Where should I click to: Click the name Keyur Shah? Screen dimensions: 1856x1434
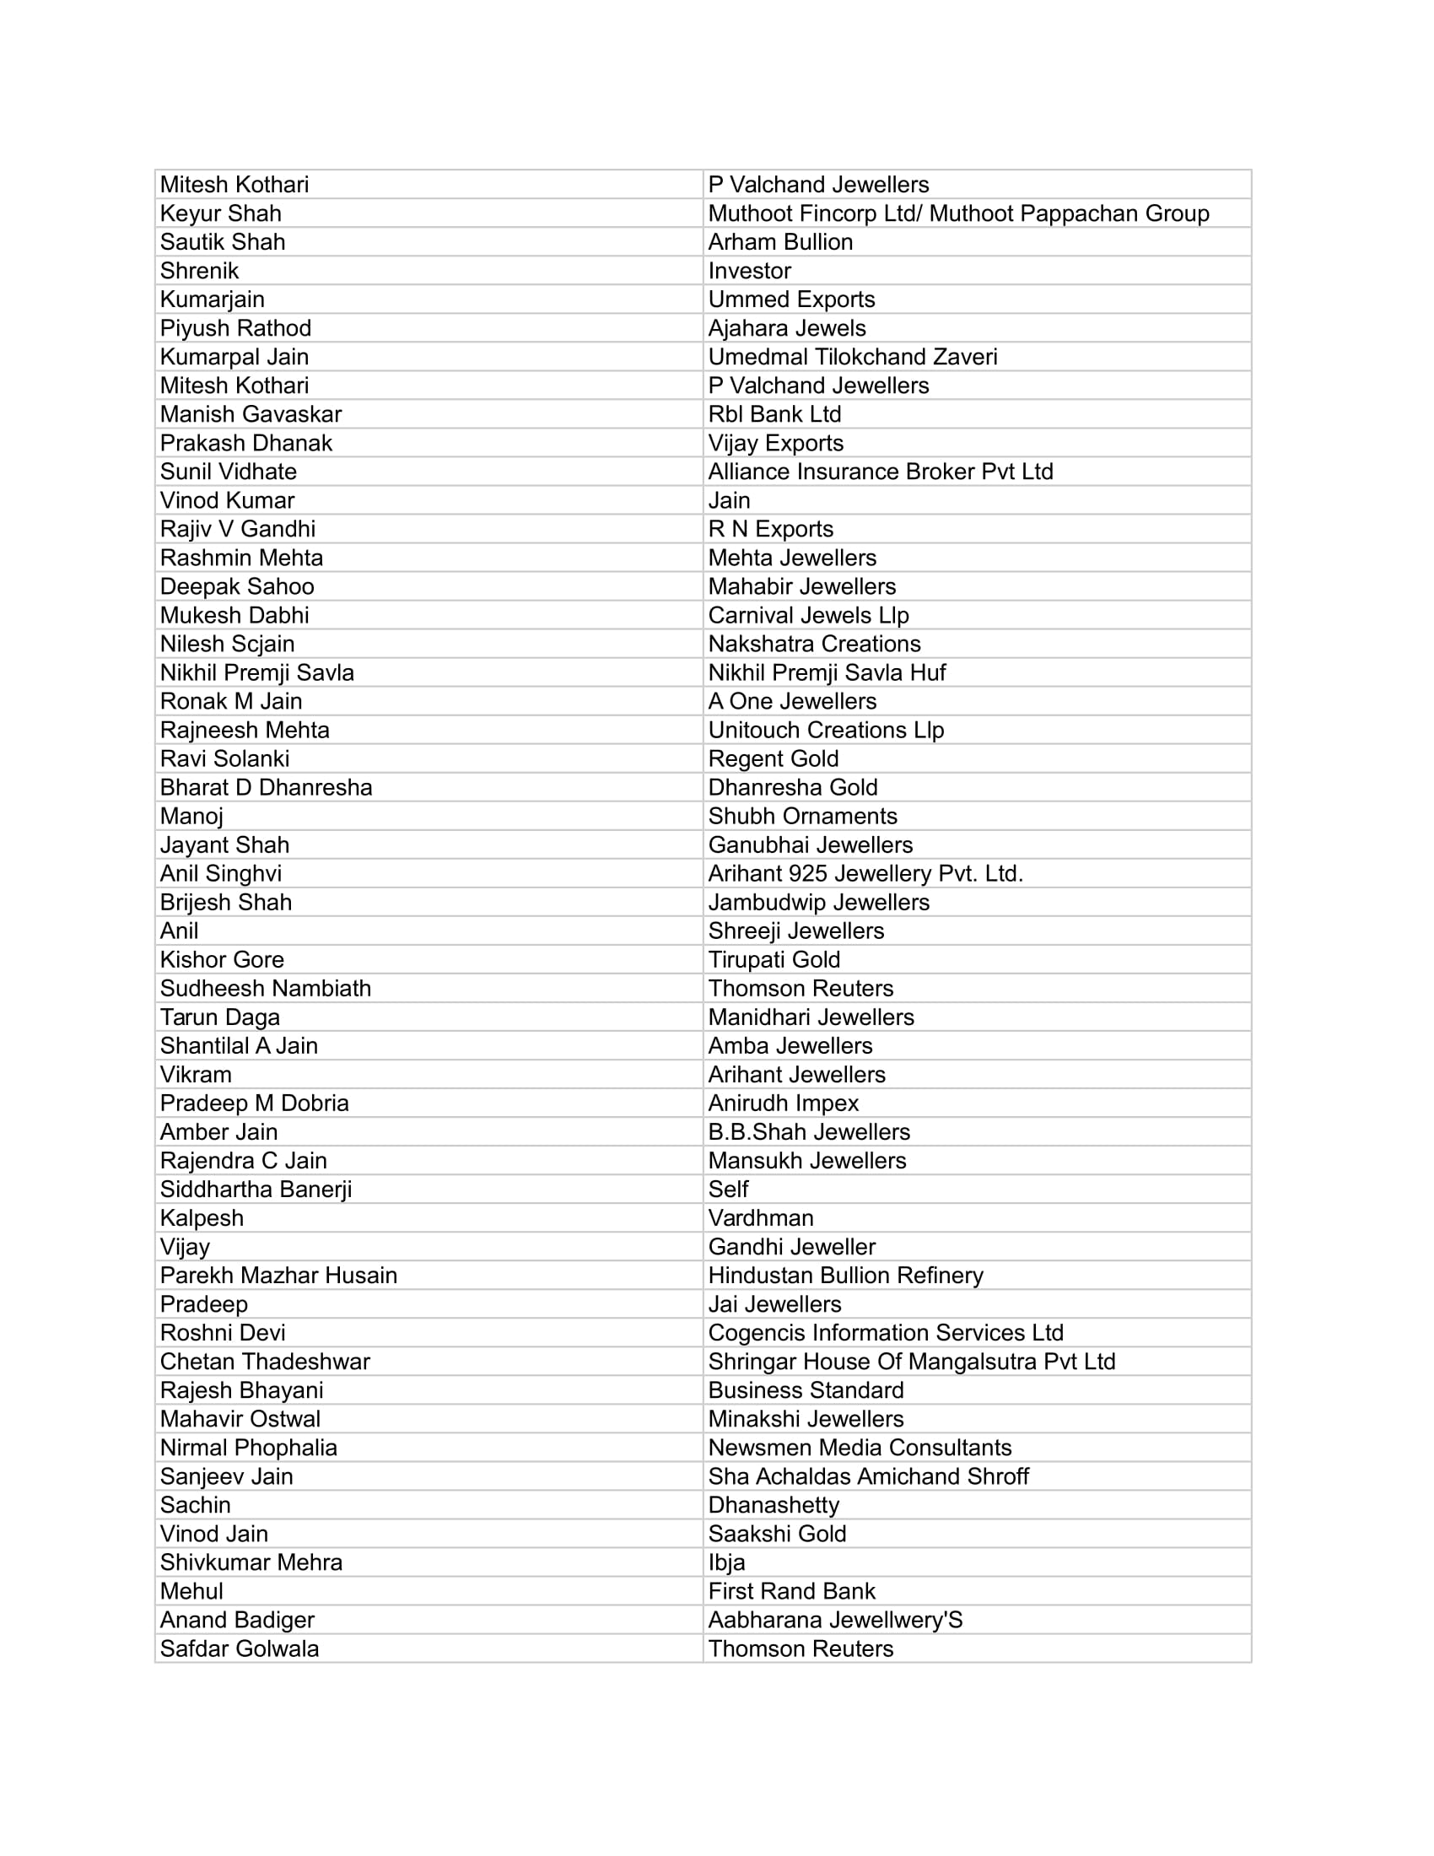tap(220, 213)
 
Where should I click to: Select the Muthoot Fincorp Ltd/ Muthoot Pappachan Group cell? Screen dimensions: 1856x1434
tap(958, 213)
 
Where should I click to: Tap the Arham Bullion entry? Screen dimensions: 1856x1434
tap(780, 242)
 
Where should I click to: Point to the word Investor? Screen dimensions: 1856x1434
tap(749, 271)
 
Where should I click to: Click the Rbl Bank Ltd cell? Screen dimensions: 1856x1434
tap(774, 415)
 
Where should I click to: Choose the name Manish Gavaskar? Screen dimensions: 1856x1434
tap(251, 415)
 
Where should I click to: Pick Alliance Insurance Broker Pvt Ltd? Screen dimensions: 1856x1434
tap(880, 472)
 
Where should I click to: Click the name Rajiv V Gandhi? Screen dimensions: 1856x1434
tap(237, 530)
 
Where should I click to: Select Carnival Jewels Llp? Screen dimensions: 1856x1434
tap(808, 615)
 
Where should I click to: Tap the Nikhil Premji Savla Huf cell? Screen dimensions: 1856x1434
tap(827, 673)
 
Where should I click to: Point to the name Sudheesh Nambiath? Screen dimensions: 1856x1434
tap(265, 989)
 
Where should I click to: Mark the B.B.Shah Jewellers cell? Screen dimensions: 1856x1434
tap(809, 1132)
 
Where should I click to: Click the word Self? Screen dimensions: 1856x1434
tap(728, 1190)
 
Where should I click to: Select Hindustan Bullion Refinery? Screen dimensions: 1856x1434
tap(845, 1276)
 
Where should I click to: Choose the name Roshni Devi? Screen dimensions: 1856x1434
tap(223, 1332)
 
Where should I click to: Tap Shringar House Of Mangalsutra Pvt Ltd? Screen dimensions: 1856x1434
tap(912, 1362)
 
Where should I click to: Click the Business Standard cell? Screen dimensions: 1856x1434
tap(806, 1390)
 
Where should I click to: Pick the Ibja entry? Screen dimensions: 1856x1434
tap(726, 1562)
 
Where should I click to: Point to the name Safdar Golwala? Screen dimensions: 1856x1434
tap(239, 1648)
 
